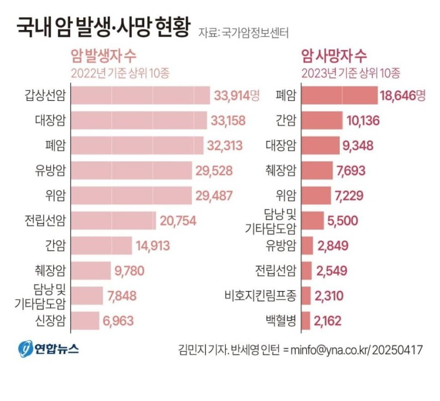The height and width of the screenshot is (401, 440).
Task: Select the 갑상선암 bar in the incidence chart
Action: [x=140, y=95]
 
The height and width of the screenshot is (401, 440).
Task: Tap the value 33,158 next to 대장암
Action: [x=228, y=121]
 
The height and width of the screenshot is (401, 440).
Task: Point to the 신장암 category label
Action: [x=48, y=320]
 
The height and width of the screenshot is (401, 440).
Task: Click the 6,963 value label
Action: [x=119, y=320]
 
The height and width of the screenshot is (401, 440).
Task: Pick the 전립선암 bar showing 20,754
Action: [x=113, y=220]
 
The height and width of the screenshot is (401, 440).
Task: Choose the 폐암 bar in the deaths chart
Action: [x=339, y=95]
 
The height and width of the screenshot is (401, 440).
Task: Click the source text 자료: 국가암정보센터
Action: [x=243, y=33]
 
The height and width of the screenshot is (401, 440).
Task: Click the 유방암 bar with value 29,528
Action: [x=131, y=171]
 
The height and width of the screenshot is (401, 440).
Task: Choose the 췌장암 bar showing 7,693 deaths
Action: [x=317, y=171]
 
